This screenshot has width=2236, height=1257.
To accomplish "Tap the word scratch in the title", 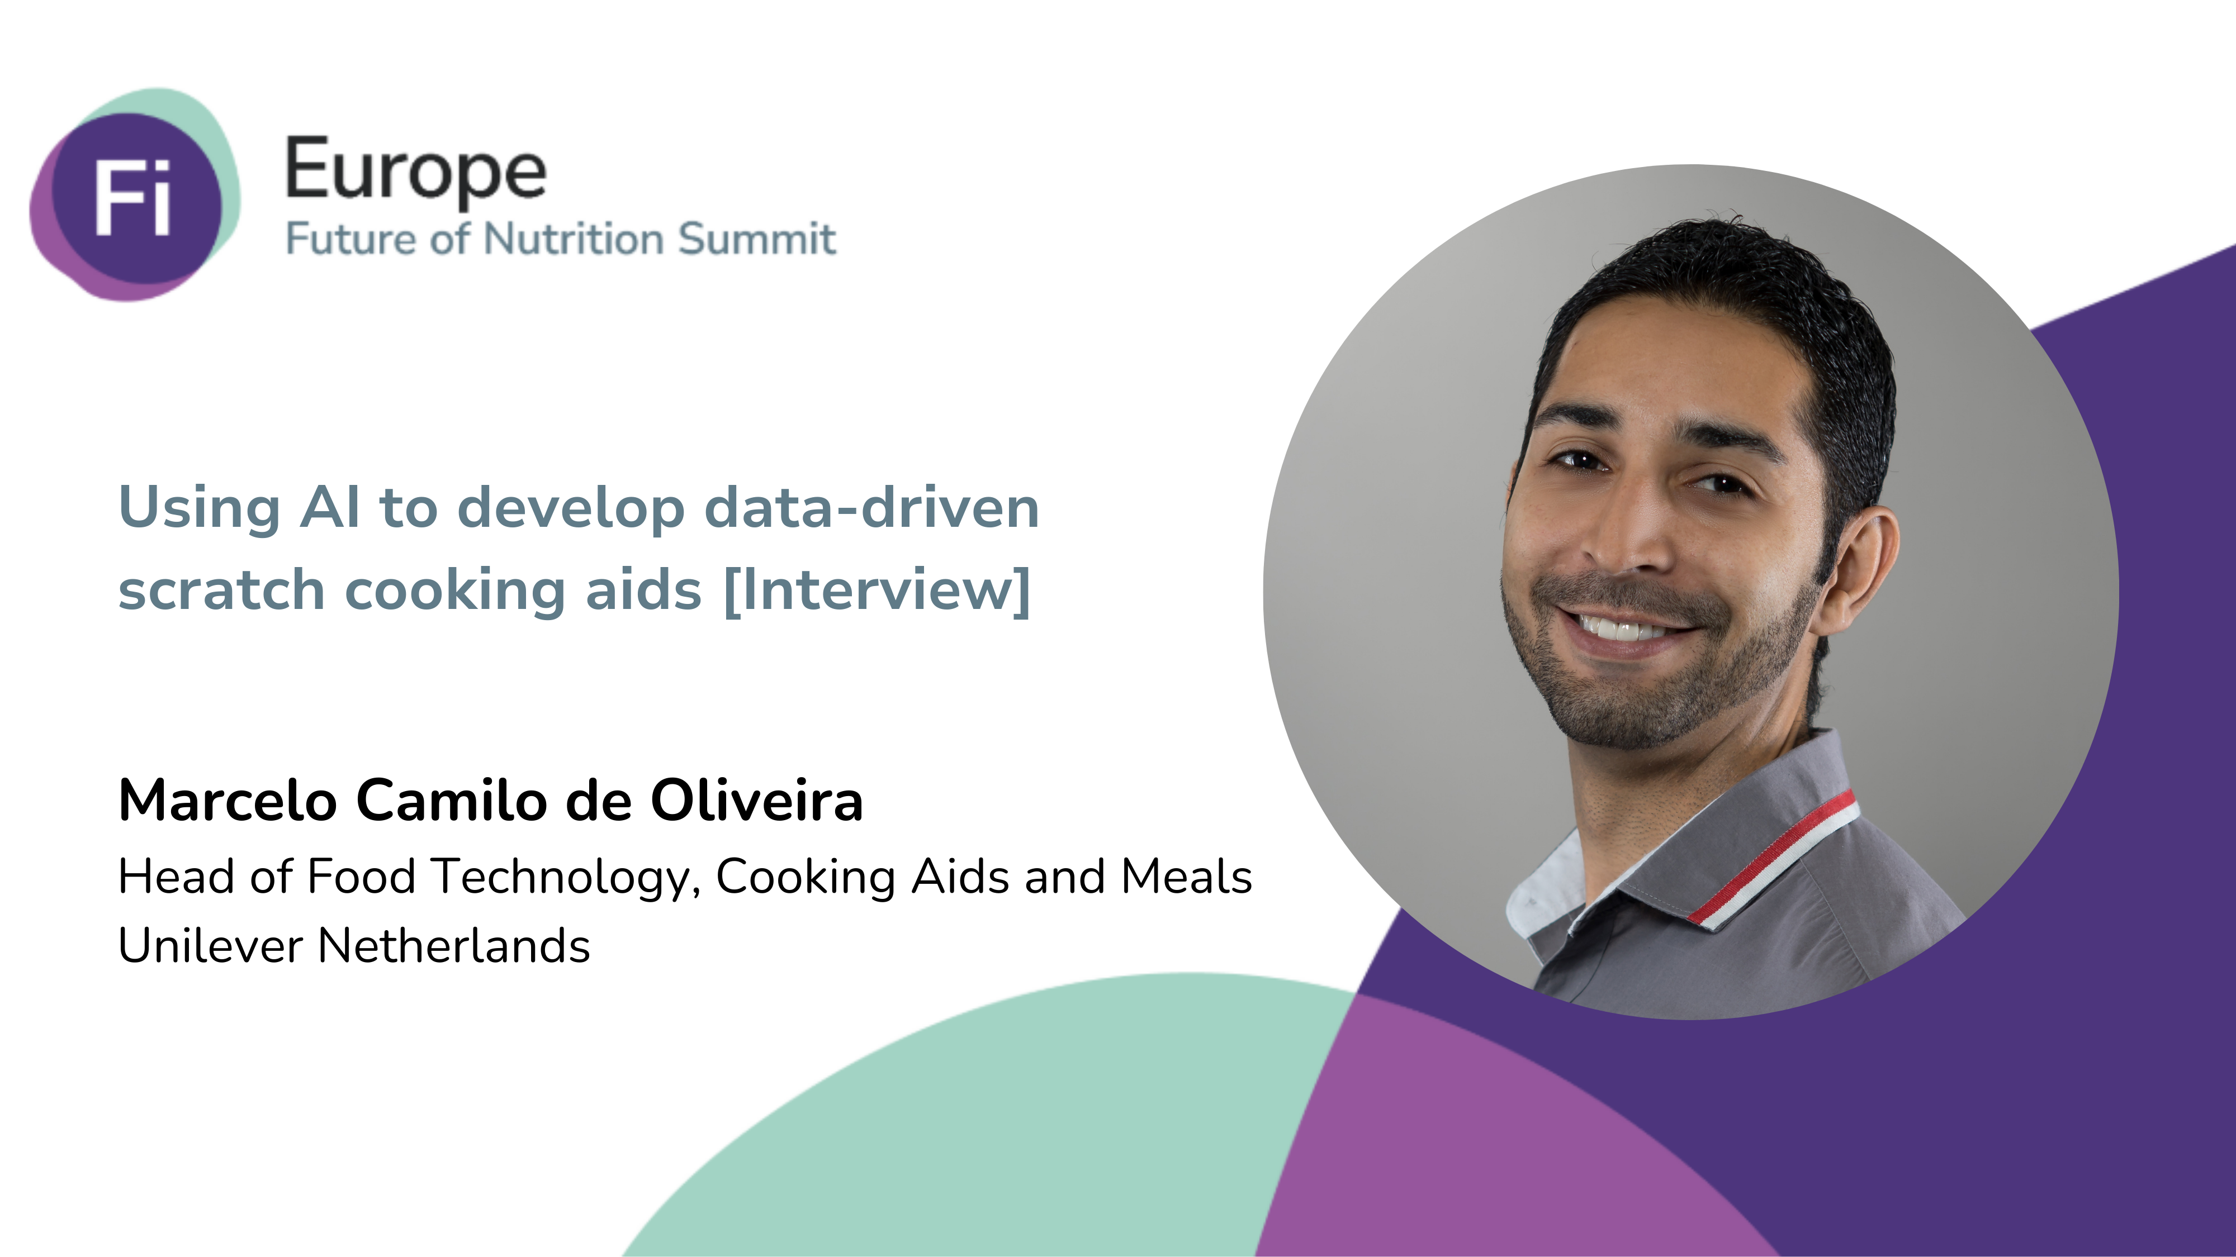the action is pyautogui.click(x=221, y=590).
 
